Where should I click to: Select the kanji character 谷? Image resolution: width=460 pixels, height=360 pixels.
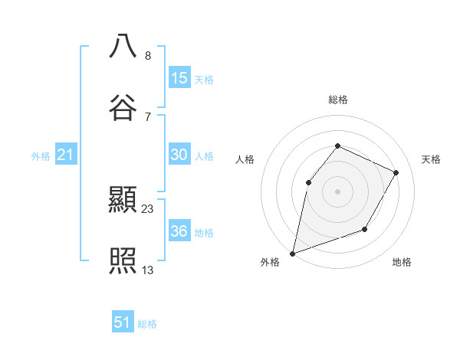123,107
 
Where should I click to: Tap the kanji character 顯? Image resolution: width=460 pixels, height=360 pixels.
123,201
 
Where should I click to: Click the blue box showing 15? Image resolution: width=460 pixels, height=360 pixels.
179,78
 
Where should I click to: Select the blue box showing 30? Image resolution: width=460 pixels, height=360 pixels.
179,155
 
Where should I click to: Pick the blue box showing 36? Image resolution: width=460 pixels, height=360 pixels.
179,231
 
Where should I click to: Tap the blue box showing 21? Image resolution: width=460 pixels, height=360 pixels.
66,155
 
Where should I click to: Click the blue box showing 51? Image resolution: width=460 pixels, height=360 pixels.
123,322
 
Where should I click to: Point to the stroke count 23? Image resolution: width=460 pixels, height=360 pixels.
148,208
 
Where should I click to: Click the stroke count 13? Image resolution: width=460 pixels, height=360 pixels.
148,270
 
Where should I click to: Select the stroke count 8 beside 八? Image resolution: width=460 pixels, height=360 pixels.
148,55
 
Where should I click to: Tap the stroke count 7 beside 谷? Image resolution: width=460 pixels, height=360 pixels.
148,116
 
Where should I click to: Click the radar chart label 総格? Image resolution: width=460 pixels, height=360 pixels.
338,100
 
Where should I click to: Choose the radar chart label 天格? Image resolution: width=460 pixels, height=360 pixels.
431,159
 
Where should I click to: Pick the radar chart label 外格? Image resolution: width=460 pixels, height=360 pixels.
270,262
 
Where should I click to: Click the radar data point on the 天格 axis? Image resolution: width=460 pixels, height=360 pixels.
396,172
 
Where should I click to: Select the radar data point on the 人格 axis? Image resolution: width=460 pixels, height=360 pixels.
308,182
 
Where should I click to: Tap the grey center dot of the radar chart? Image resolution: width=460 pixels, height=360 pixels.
338,191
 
